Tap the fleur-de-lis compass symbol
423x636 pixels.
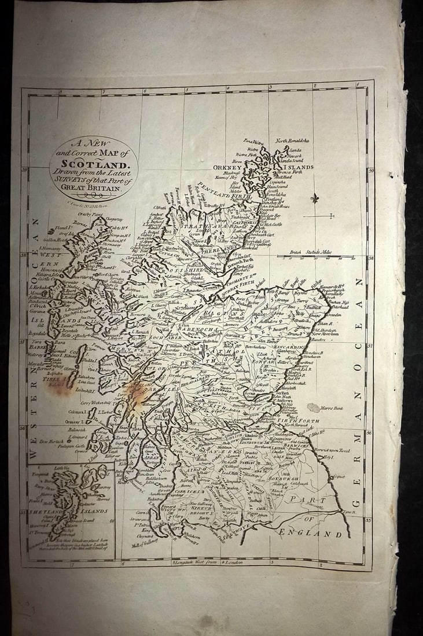315,198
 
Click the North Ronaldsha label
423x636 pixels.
292,140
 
